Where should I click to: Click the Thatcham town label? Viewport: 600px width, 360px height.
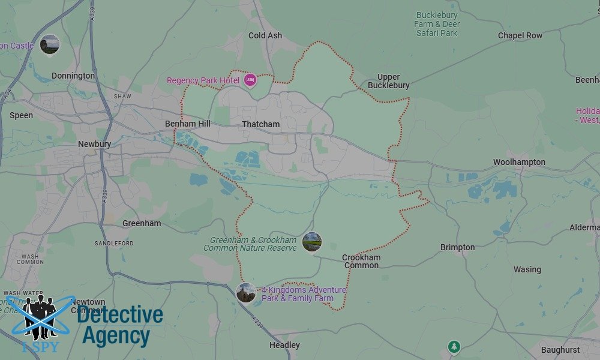click(260, 124)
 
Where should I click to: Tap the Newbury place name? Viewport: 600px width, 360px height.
click(94, 144)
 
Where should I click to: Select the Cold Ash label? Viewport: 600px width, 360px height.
click(265, 35)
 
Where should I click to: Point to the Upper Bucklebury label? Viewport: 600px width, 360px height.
click(393, 81)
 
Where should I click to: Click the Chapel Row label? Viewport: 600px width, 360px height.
click(520, 35)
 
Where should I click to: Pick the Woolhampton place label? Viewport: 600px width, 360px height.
click(519, 162)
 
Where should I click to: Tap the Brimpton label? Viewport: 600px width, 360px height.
click(457, 247)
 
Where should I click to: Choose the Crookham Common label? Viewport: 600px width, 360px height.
click(361, 261)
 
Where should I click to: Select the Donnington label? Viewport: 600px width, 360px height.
click(73, 76)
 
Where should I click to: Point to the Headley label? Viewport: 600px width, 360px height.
click(284, 345)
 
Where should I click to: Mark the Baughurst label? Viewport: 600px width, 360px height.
click(560, 350)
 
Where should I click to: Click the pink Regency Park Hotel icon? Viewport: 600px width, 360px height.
click(250, 79)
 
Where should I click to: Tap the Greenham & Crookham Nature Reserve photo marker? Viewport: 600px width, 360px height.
click(312, 242)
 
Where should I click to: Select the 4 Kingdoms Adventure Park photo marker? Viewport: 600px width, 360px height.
click(246, 293)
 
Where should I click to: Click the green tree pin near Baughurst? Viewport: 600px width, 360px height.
click(454, 347)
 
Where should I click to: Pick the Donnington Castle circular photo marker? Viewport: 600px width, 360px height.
click(50, 44)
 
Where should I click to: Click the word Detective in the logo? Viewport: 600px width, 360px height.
click(120, 315)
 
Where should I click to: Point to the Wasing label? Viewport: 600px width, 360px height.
click(527, 269)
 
